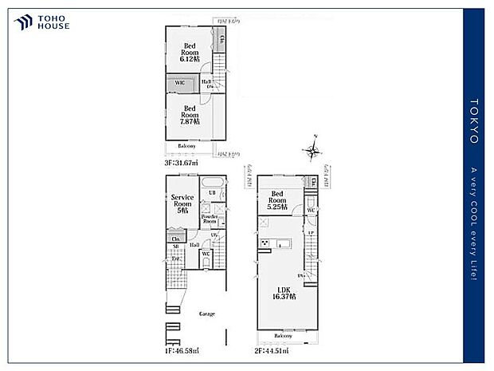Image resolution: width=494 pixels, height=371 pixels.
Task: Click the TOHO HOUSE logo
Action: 42,22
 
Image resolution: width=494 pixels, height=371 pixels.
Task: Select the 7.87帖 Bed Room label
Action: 190,114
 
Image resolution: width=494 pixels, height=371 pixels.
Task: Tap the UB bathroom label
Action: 212,193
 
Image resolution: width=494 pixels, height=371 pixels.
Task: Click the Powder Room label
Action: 210,218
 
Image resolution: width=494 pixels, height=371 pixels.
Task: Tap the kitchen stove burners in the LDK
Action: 265,244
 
